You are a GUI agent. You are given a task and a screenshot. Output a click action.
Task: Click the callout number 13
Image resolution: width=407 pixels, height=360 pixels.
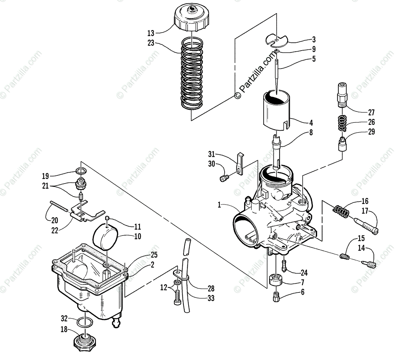[x=151, y=33]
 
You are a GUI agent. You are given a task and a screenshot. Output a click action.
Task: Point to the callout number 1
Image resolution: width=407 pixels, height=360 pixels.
[x=219, y=205]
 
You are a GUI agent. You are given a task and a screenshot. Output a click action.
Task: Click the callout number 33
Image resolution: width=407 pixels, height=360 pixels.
[x=211, y=298]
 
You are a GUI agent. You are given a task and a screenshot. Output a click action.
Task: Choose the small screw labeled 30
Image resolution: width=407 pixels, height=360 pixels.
[x=224, y=177]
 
